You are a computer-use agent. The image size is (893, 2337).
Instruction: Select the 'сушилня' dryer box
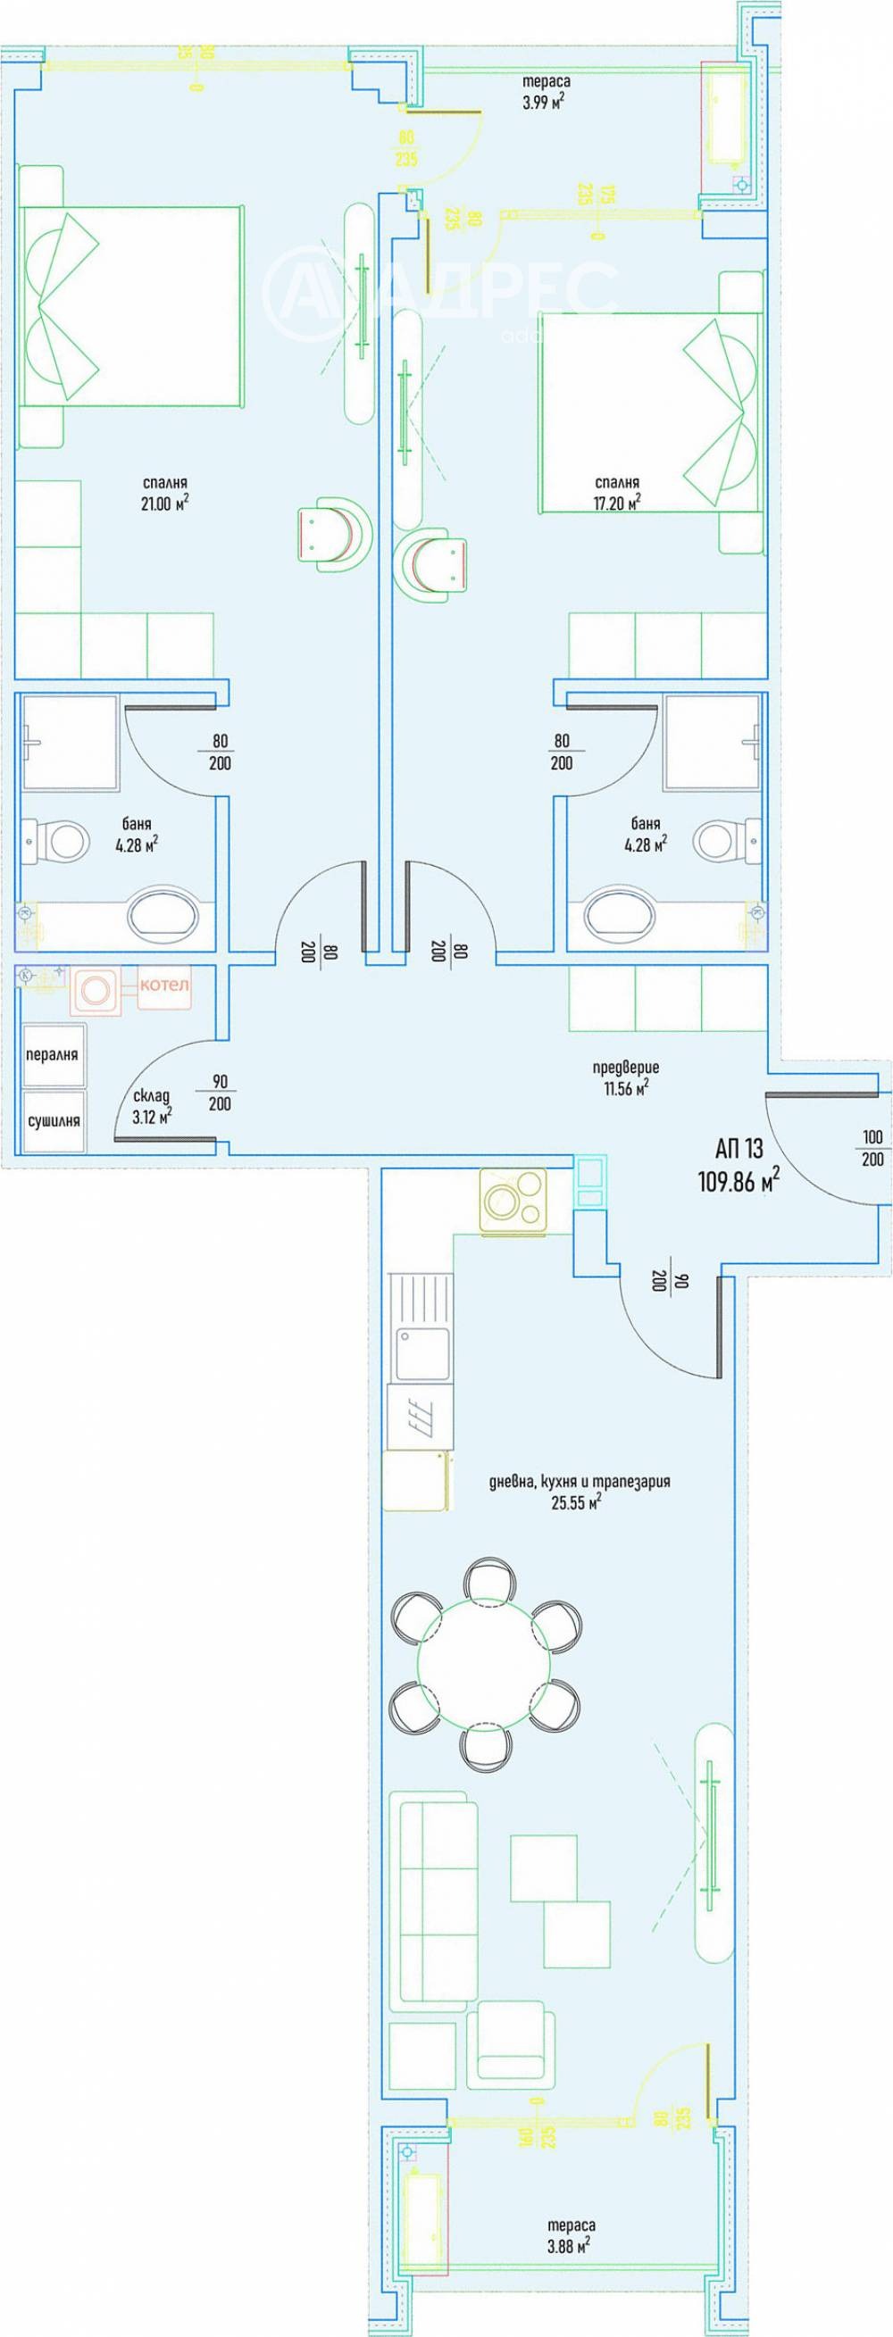[54, 1120]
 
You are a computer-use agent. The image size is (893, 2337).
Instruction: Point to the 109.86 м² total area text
[738, 1181]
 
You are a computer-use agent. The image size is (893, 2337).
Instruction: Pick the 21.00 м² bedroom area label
[164, 503]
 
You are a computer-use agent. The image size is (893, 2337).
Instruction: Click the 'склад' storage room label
[151, 1095]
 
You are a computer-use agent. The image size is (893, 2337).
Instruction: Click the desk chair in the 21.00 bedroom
[331, 537]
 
